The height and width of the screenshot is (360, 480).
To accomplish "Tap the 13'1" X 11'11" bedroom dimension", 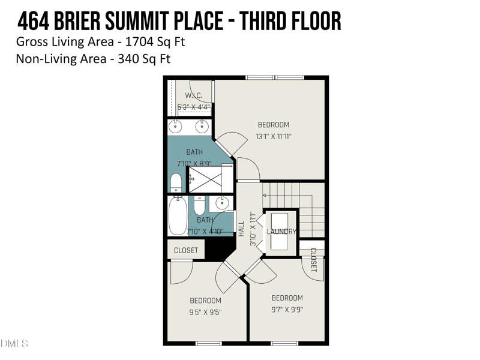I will tap(273, 136).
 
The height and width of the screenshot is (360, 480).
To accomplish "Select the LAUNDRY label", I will tap(281, 232).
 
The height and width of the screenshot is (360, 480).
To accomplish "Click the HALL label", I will tap(241, 228).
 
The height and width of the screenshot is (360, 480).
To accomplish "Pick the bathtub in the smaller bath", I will tap(178, 217).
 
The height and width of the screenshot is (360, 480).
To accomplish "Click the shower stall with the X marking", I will tap(205, 179).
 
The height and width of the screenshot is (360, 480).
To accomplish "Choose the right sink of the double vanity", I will tap(203, 127).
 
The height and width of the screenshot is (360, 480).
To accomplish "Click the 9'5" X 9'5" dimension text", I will tap(205, 312).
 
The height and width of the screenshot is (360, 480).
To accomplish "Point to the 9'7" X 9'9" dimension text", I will tap(287, 310).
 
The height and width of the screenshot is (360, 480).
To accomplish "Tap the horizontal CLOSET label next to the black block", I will tap(186, 250).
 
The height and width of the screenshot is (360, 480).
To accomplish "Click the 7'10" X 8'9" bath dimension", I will tap(194, 163).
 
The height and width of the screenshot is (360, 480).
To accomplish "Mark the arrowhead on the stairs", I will tap(265, 195).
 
